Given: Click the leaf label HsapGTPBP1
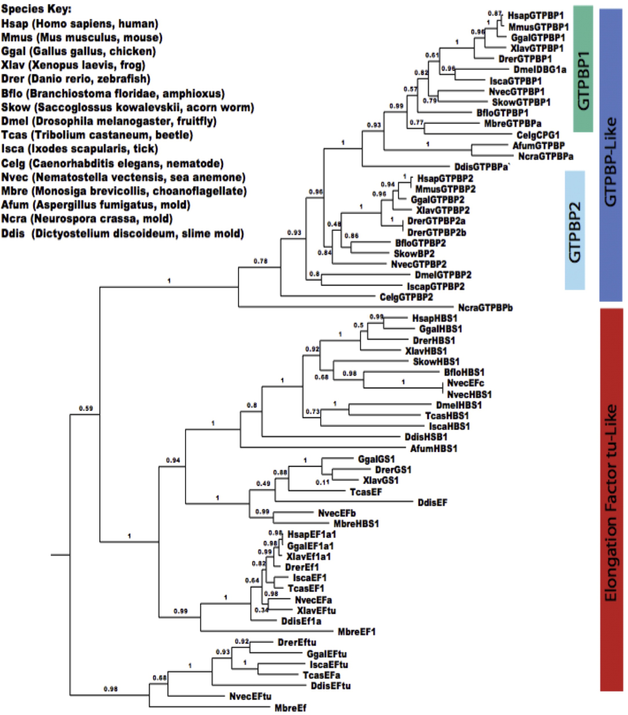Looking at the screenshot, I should (x=535, y=15).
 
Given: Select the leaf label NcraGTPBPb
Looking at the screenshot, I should (x=485, y=308).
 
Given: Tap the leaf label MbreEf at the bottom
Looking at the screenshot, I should (x=290, y=708).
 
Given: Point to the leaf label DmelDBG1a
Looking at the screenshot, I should (x=540, y=70).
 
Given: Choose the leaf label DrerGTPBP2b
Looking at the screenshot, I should (x=436, y=233).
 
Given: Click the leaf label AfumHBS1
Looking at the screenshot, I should (x=434, y=448).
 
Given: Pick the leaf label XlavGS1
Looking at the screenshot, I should (x=381, y=480).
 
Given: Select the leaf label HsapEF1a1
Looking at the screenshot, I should (x=311, y=534).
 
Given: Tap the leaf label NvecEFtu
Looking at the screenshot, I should (x=250, y=696).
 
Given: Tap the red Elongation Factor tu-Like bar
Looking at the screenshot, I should (x=611, y=500).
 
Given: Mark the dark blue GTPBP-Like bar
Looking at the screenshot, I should (x=611, y=155).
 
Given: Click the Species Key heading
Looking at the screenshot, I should (x=36, y=9).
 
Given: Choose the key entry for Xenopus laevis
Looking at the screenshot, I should (x=73, y=65).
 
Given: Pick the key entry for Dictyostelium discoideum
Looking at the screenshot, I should (x=122, y=233).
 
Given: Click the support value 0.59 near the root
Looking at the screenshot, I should (x=86, y=408).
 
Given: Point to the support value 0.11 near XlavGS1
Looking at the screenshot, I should (x=322, y=482).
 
